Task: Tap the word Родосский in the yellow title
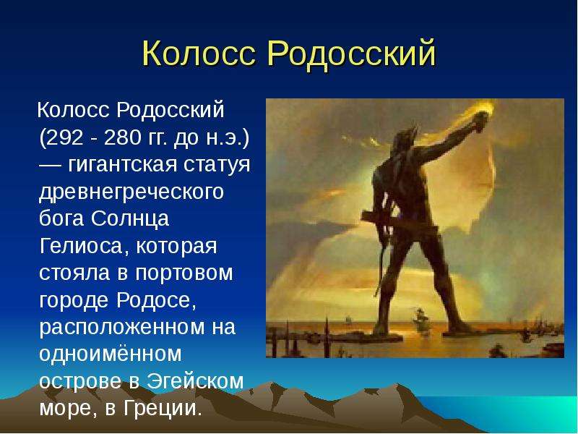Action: tap(352, 54)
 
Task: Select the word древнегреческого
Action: tap(131, 192)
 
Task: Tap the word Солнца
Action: tap(130, 218)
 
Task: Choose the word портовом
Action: tap(184, 274)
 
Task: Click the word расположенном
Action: tap(121, 328)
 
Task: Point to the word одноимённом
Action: tap(111, 354)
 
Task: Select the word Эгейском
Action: tap(195, 381)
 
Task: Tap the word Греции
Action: tap(163, 408)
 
